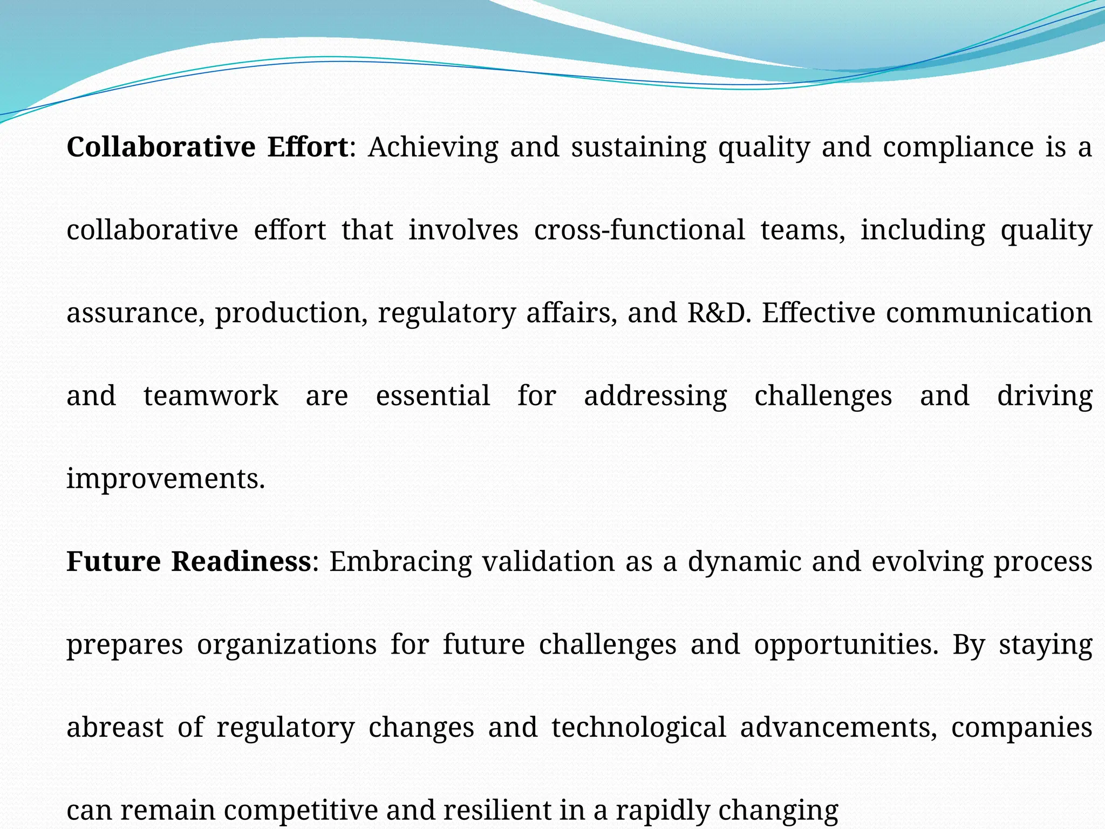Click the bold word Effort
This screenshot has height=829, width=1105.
click(308, 147)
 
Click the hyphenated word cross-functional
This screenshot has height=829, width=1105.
click(639, 230)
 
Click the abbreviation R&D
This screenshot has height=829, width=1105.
click(719, 313)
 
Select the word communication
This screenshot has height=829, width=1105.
click(989, 313)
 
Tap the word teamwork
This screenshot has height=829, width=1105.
click(211, 396)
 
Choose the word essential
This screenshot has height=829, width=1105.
click(433, 396)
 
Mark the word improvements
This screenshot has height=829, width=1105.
click(166, 479)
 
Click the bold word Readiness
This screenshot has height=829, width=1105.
click(242, 561)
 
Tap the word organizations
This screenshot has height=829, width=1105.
click(287, 645)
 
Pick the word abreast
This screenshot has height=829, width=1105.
click(115, 728)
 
